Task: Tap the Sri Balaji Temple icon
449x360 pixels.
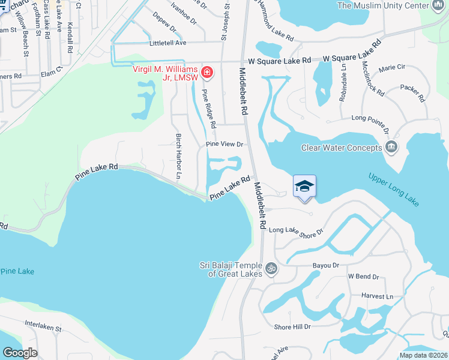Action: (x=271, y=267)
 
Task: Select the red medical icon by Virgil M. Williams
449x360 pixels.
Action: (x=206, y=73)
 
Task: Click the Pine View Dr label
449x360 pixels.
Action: (x=224, y=145)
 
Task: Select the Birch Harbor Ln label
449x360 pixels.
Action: (x=178, y=157)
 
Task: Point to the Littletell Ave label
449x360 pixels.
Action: (x=168, y=43)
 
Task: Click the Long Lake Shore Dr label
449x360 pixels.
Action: (x=296, y=230)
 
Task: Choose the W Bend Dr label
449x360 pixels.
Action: (x=364, y=277)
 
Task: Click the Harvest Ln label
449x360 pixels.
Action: (x=377, y=296)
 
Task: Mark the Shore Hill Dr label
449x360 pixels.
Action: (x=292, y=326)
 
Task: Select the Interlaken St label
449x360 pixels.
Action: (x=43, y=329)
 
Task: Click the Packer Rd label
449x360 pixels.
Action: (x=412, y=92)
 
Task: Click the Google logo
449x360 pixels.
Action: (x=20, y=353)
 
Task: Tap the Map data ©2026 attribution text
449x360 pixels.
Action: (x=423, y=355)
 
